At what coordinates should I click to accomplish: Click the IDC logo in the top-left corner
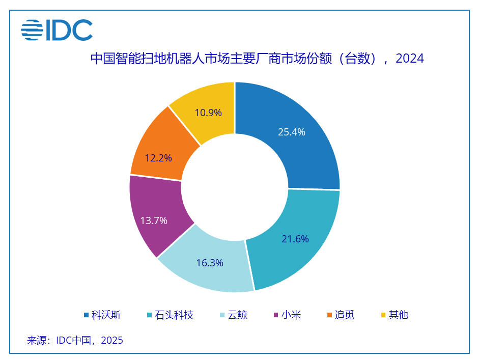pos(57,30)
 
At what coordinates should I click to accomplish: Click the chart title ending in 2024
pos(257,59)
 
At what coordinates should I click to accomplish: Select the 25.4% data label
pos(291,132)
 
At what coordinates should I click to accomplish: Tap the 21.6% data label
pos(295,239)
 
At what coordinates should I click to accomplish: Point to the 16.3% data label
pos(210,263)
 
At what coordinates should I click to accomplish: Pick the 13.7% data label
pos(154,220)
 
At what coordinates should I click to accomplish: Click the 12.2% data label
pos(158,158)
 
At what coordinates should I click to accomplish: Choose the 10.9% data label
pos(208,113)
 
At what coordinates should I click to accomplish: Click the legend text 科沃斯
pos(106,315)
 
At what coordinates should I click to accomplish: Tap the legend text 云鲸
pos(237,315)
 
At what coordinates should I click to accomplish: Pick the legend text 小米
pos(292,315)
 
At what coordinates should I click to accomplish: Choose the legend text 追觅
pos(345,315)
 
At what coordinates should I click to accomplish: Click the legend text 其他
pos(399,315)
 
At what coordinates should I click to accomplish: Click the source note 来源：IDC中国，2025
pos(75,340)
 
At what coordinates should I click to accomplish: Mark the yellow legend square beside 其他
pos(383,315)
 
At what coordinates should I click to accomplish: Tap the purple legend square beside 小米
pos(276,315)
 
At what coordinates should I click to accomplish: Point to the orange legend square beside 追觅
pos(329,315)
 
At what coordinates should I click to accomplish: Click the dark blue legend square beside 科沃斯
pos(86,315)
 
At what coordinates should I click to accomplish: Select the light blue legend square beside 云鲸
pos(222,315)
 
